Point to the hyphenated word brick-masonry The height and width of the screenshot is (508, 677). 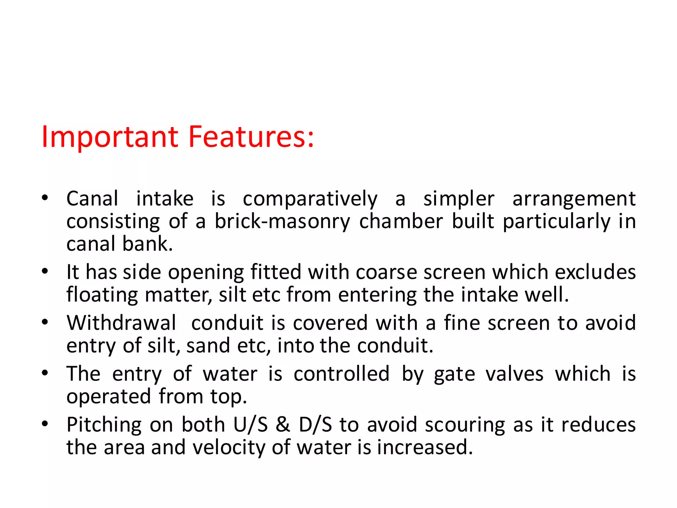(x=282, y=221)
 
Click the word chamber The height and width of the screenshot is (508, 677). (x=401, y=221)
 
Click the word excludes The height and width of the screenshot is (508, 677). (x=595, y=272)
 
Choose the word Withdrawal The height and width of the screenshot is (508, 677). (x=121, y=323)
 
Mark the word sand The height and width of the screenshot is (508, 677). (x=208, y=346)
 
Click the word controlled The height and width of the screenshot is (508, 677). (x=341, y=374)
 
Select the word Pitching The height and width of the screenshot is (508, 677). (x=104, y=425)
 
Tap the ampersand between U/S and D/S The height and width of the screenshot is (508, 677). (x=283, y=425)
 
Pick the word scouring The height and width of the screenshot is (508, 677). (x=465, y=425)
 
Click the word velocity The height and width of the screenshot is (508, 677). (x=229, y=447)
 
